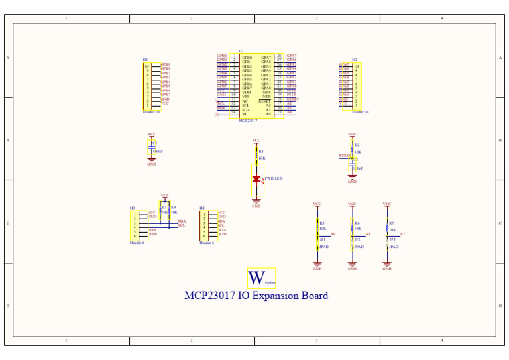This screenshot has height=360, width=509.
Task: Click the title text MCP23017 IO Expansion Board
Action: (x=256, y=296)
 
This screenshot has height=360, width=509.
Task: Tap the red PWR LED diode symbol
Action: (x=256, y=179)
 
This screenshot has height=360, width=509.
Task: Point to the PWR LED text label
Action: (x=274, y=178)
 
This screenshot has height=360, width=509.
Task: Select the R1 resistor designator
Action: (x=261, y=151)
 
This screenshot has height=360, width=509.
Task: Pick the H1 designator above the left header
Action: (x=145, y=60)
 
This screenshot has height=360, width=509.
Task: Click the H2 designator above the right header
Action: (x=355, y=59)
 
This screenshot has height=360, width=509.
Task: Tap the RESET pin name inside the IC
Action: (x=265, y=101)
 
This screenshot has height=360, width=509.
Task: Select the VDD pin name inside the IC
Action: (x=246, y=93)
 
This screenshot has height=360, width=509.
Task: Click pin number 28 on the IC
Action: (x=279, y=56)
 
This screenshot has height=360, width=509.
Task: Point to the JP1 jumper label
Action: (x=323, y=239)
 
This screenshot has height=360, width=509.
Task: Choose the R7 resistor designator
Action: (x=392, y=223)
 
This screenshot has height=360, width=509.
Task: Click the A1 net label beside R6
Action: (x=368, y=234)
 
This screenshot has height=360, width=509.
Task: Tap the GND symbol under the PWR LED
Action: (x=256, y=202)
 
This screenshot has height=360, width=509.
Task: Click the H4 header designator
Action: (x=202, y=208)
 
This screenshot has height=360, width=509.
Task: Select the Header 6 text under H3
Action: (x=137, y=243)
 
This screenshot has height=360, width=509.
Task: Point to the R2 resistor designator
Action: (x=357, y=145)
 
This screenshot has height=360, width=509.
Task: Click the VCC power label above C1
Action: (x=152, y=134)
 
